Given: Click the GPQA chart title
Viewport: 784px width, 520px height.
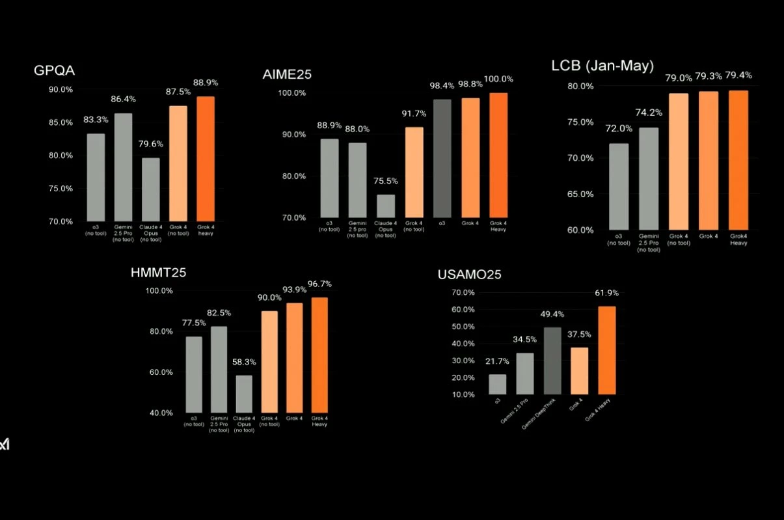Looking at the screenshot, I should (x=54, y=70).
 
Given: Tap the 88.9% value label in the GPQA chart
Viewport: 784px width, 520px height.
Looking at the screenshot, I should (x=206, y=83).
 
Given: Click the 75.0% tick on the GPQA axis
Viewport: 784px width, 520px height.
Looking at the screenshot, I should (x=61, y=188).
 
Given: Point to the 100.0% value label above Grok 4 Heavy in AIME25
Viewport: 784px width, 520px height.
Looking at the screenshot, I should (x=498, y=79).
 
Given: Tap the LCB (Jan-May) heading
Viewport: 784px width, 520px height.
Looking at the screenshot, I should (x=602, y=66).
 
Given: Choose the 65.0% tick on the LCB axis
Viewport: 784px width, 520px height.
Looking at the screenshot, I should (x=581, y=194).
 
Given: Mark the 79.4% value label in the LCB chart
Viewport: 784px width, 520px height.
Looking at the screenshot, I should (x=738, y=75).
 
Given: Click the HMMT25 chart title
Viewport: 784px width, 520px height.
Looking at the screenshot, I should (x=158, y=273).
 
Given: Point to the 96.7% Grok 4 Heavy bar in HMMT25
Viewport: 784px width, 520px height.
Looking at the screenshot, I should (x=319, y=354).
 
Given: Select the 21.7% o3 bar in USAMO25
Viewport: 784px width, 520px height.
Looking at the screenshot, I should (x=497, y=384).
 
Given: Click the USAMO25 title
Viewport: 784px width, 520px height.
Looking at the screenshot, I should (x=470, y=275).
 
